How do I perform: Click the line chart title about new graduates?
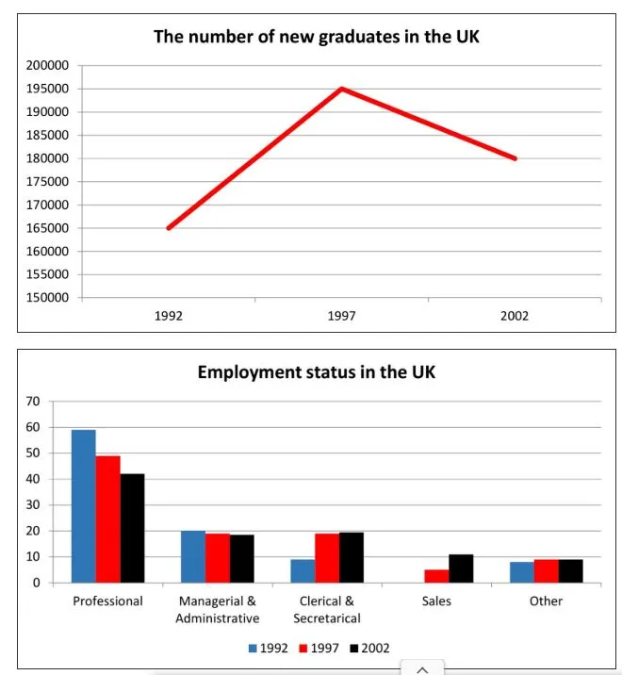[x=323, y=38]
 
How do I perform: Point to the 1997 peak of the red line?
[x=341, y=89]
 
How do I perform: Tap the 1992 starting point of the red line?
[x=168, y=228]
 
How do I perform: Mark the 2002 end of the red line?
[x=516, y=158]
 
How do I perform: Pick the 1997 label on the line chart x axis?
[x=341, y=317]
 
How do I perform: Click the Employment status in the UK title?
[x=316, y=371]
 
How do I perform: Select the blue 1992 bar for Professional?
[x=83, y=506]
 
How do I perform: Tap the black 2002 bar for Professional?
[x=132, y=528]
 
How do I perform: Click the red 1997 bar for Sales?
[x=436, y=576]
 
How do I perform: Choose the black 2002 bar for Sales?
[x=461, y=568]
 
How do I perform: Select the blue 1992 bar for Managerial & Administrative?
[x=193, y=556]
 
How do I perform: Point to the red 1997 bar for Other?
[x=546, y=570]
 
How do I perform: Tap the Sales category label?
[x=436, y=601]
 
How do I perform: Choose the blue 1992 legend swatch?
[x=253, y=648]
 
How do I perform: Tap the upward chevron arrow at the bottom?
[x=422, y=668]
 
